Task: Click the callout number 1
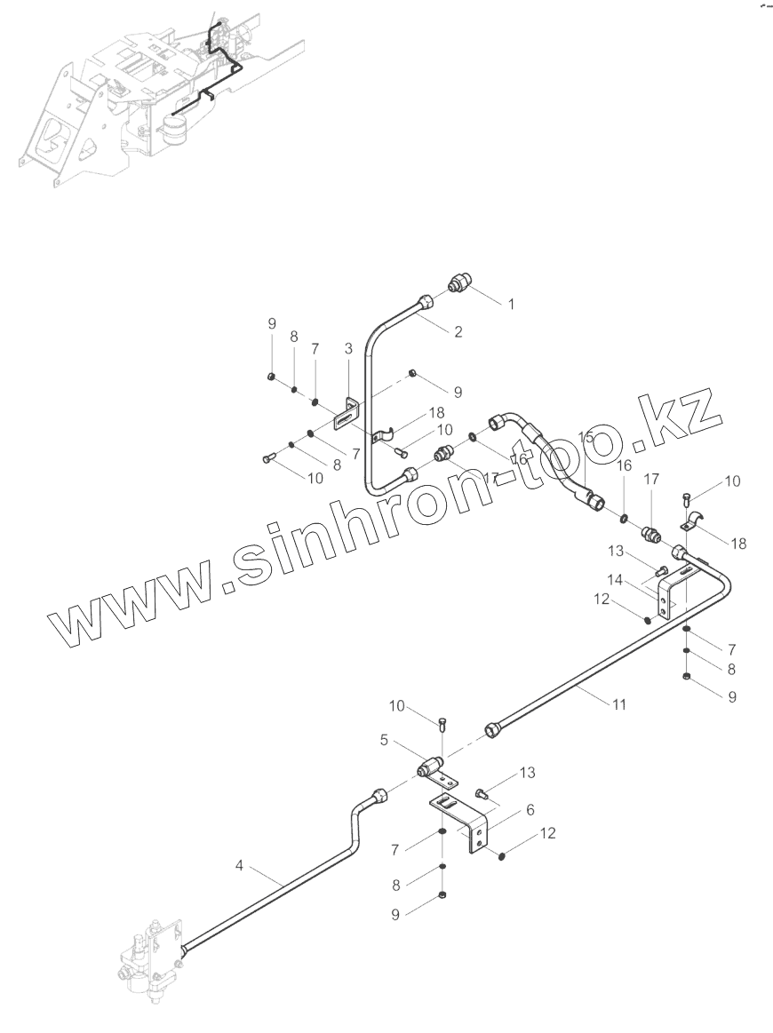pyautogui.click(x=512, y=304)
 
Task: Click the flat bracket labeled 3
pyautogui.click(x=347, y=411)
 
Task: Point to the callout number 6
pyautogui.click(x=530, y=810)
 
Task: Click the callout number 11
pyautogui.click(x=619, y=704)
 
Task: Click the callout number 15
pyautogui.click(x=586, y=437)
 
